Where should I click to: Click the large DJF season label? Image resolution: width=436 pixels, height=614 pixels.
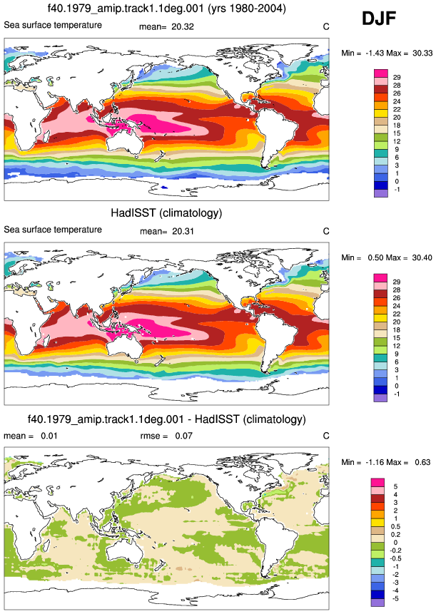click(x=379, y=18)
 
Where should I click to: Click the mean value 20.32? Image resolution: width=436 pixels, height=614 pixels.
click(x=183, y=26)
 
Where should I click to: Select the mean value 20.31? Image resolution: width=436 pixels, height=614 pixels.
click(x=183, y=232)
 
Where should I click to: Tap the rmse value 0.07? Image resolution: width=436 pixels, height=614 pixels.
click(x=183, y=436)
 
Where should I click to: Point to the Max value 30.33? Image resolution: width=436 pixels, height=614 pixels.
click(x=422, y=53)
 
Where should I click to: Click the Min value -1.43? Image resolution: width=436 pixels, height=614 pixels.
click(x=375, y=53)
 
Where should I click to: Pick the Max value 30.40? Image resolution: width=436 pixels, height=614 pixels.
click(x=422, y=257)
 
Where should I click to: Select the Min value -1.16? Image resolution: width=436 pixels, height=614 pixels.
click(x=375, y=462)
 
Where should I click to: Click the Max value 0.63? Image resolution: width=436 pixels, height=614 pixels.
click(x=422, y=462)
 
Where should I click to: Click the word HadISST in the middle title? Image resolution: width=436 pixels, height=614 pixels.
click(x=131, y=213)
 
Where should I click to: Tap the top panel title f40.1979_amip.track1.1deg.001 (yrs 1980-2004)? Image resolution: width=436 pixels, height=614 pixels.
click(x=166, y=8)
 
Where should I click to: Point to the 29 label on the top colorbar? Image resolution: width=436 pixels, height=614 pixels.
click(x=397, y=78)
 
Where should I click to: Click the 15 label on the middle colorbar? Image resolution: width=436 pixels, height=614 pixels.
click(x=397, y=338)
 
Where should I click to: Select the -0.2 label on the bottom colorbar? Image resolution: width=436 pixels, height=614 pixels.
click(x=396, y=551)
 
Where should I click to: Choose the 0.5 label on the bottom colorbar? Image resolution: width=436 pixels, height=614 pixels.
click(x=395, y=527)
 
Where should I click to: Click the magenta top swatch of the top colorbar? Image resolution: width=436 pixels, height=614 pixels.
click(x=381, y=73)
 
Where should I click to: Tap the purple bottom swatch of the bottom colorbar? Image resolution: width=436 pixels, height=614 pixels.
click(x=377, y=603)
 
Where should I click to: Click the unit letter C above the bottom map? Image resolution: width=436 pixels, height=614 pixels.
click(x=326, y=436)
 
